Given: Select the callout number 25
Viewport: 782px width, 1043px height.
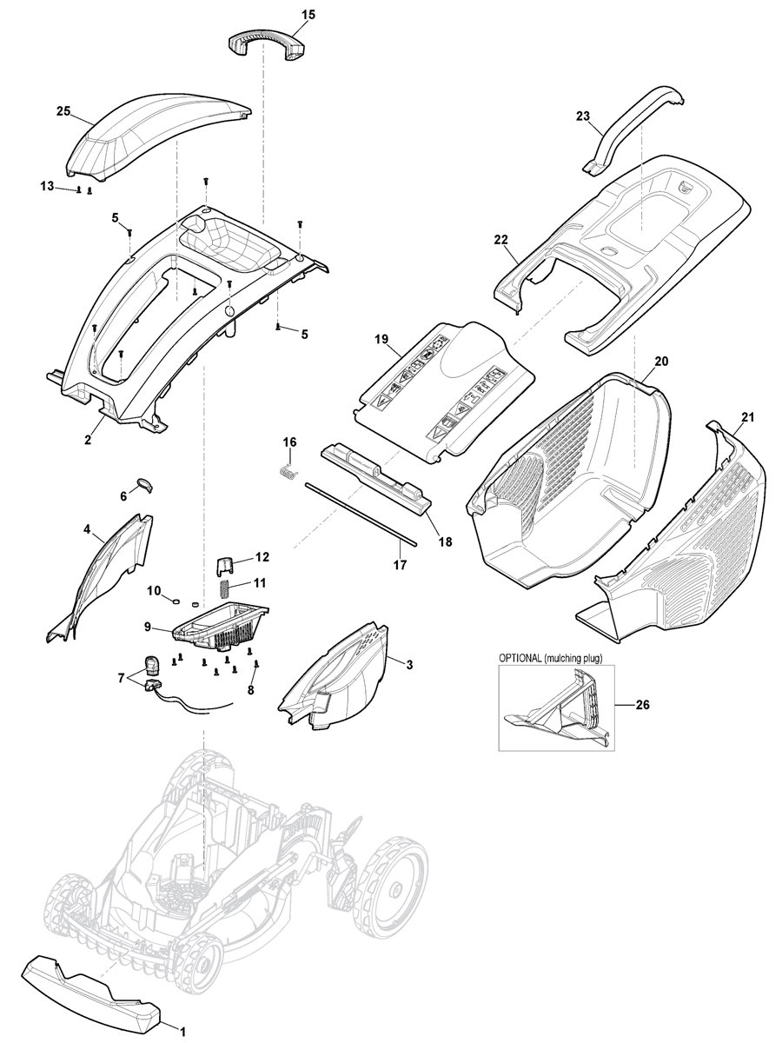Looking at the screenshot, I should [x=63, y=111].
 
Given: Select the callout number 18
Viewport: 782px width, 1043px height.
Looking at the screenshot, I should [x=445, y=542].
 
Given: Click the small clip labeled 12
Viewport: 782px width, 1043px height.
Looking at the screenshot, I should [x=224, y=565].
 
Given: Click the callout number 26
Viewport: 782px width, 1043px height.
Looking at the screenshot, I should [x=642, y=705].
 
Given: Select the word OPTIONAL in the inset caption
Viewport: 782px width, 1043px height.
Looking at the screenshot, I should [x=525, y=659].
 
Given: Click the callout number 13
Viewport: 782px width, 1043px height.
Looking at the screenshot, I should [x=47, y=186].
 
